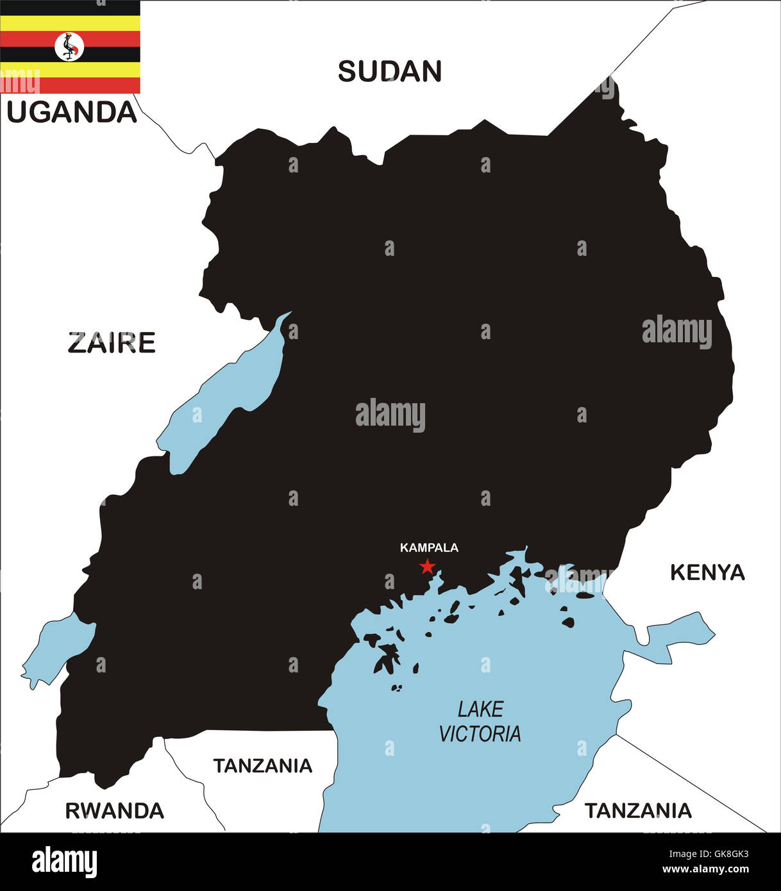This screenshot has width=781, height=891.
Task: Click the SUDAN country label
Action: (x=390, y=71)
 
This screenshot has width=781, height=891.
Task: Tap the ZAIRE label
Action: (x=112, y=343)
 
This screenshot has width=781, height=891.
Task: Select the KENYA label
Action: (x=707, y=572)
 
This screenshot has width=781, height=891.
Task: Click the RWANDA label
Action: (x=115, y=811)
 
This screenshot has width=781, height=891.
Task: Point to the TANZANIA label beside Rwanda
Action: (x=262, y=765)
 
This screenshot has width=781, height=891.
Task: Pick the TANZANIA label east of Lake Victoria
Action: (x=638, y=811)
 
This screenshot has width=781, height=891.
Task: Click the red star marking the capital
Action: (x=428, y=567)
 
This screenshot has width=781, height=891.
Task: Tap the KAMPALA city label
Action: (x=429, y=547)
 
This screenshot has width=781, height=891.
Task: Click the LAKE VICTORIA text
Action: (x=480, y=721)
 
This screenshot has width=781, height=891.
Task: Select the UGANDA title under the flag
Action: (x=72, y=112)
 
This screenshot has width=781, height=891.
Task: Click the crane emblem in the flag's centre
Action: (x=69, y=47)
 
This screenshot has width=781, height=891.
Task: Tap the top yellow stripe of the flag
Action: (x=70, y=23)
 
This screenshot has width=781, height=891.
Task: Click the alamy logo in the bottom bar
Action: (x=64, y=862)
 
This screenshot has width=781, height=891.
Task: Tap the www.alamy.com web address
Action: (x=705, y=870)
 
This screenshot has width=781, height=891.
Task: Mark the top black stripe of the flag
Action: (x=70, y=8)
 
